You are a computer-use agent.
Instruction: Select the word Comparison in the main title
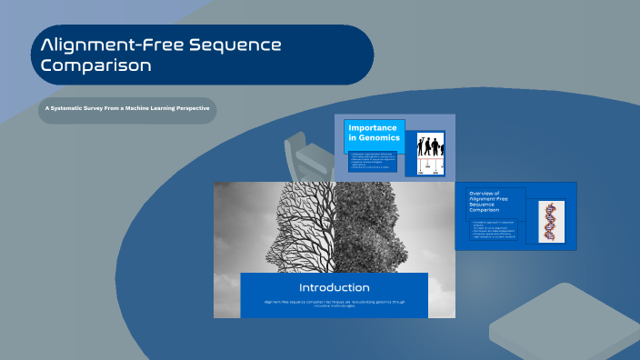tap(96, 65)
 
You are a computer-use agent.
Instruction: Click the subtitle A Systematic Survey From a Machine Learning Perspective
tap(127, 109)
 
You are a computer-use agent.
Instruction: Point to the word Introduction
tap(334, 287)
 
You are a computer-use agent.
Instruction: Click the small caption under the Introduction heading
tap(334, 304)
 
